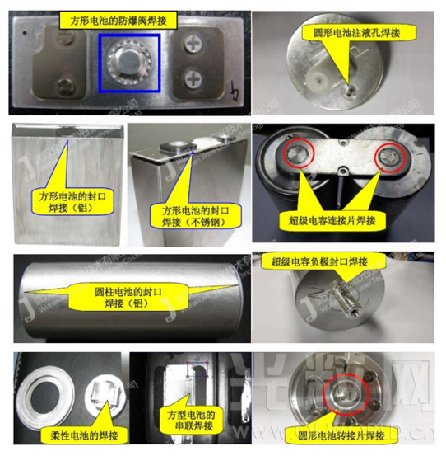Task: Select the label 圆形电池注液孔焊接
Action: [335, 35]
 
